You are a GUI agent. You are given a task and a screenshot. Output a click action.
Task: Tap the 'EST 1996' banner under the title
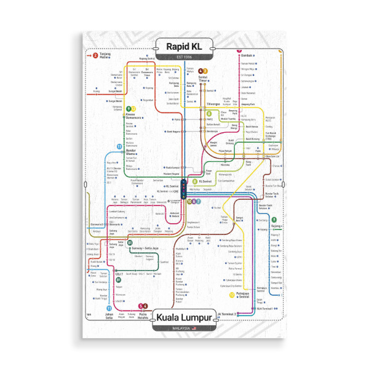click(x=184, y=57)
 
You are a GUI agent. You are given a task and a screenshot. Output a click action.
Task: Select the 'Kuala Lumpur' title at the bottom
click(x=184, y=317)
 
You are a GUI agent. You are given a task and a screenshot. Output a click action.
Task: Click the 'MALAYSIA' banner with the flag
click(x=184, y=330)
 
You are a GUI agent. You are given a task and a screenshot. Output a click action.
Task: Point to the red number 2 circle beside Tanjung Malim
click(x=95, y=55)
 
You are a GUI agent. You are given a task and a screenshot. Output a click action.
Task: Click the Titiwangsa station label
click(x=213, y=104)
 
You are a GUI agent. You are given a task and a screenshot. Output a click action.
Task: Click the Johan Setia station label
click(x=109, y=315)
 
